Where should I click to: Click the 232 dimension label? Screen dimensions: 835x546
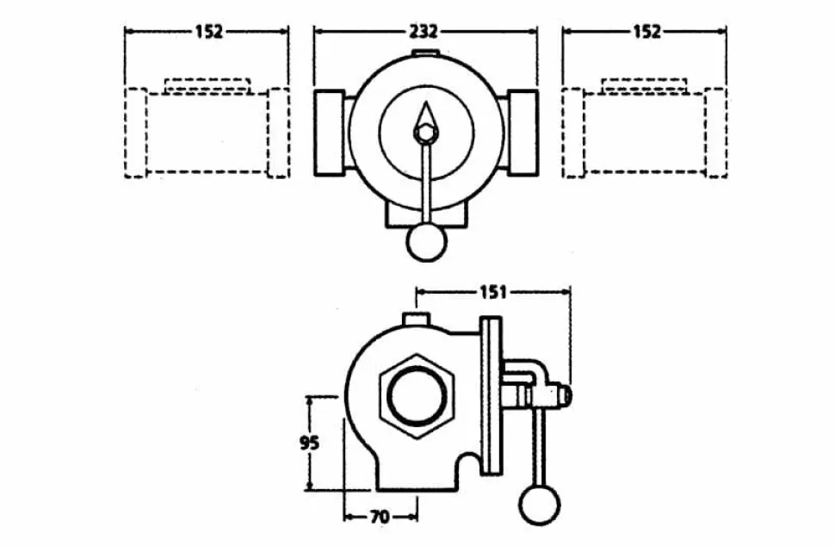tap(424, 32)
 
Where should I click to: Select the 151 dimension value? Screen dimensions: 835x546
tap(493, 292)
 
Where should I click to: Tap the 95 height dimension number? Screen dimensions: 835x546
tap(309, 443)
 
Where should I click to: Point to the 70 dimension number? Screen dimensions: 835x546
tap(379, 517)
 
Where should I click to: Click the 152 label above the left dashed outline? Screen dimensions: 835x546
tap(208, 32)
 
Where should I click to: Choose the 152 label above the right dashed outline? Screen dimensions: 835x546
tap(646, 32)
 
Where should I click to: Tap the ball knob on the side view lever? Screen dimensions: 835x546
tap(540, 505)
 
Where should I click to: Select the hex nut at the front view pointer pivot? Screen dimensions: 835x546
tap(425, 133)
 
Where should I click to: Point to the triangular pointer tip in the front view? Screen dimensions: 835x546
tap(426, 102)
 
